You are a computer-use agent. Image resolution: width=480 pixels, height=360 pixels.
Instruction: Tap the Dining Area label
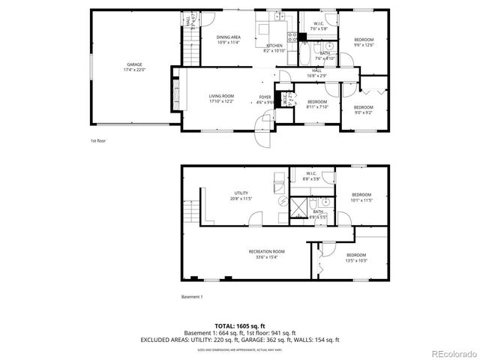coord(228,39)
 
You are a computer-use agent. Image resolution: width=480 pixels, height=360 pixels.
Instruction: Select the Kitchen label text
coord(273,48)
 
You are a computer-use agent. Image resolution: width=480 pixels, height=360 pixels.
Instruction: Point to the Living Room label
coord(221,98)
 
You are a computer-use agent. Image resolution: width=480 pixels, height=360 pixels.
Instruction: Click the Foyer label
coord(265,99)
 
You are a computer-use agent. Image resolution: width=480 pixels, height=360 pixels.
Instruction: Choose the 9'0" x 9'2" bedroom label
coord(363,110)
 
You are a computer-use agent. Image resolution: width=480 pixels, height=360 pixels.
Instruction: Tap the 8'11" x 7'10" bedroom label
coord(317,104)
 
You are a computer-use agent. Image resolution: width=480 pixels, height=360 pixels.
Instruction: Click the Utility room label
coord(241,196)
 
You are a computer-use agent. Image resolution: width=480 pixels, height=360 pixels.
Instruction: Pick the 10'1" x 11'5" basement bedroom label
coord(361,197)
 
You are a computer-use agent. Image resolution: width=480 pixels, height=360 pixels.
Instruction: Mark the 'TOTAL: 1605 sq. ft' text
coord(240,326)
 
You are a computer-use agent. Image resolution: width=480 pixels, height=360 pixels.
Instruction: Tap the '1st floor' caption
coord(98,140)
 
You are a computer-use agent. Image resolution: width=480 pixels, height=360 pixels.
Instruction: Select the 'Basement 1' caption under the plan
coord(192,297)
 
